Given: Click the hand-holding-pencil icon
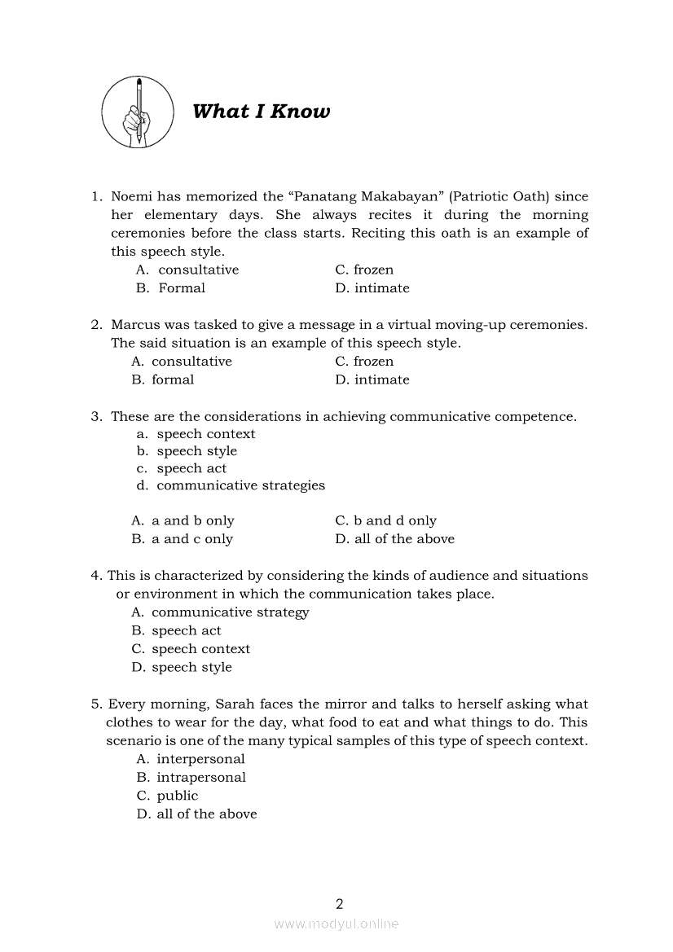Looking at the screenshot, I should pos(138,112).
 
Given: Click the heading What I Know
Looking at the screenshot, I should pos(261,112).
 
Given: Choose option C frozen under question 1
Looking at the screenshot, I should pos(364,270).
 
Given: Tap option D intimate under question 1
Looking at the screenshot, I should pos(372,288).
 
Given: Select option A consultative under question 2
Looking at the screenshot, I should pos(182,362).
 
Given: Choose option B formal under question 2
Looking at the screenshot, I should pos(163,380).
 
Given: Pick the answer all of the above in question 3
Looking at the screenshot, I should pos(395,539).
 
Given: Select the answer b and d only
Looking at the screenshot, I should pos(385,521).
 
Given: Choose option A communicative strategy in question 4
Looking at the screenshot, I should pos(220,612).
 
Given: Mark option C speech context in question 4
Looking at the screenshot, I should pos(191,649).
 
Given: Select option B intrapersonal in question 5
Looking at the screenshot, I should pos(191,778).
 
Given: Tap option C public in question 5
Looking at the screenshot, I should pos(168,796).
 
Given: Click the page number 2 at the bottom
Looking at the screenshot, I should pos(340,903).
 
